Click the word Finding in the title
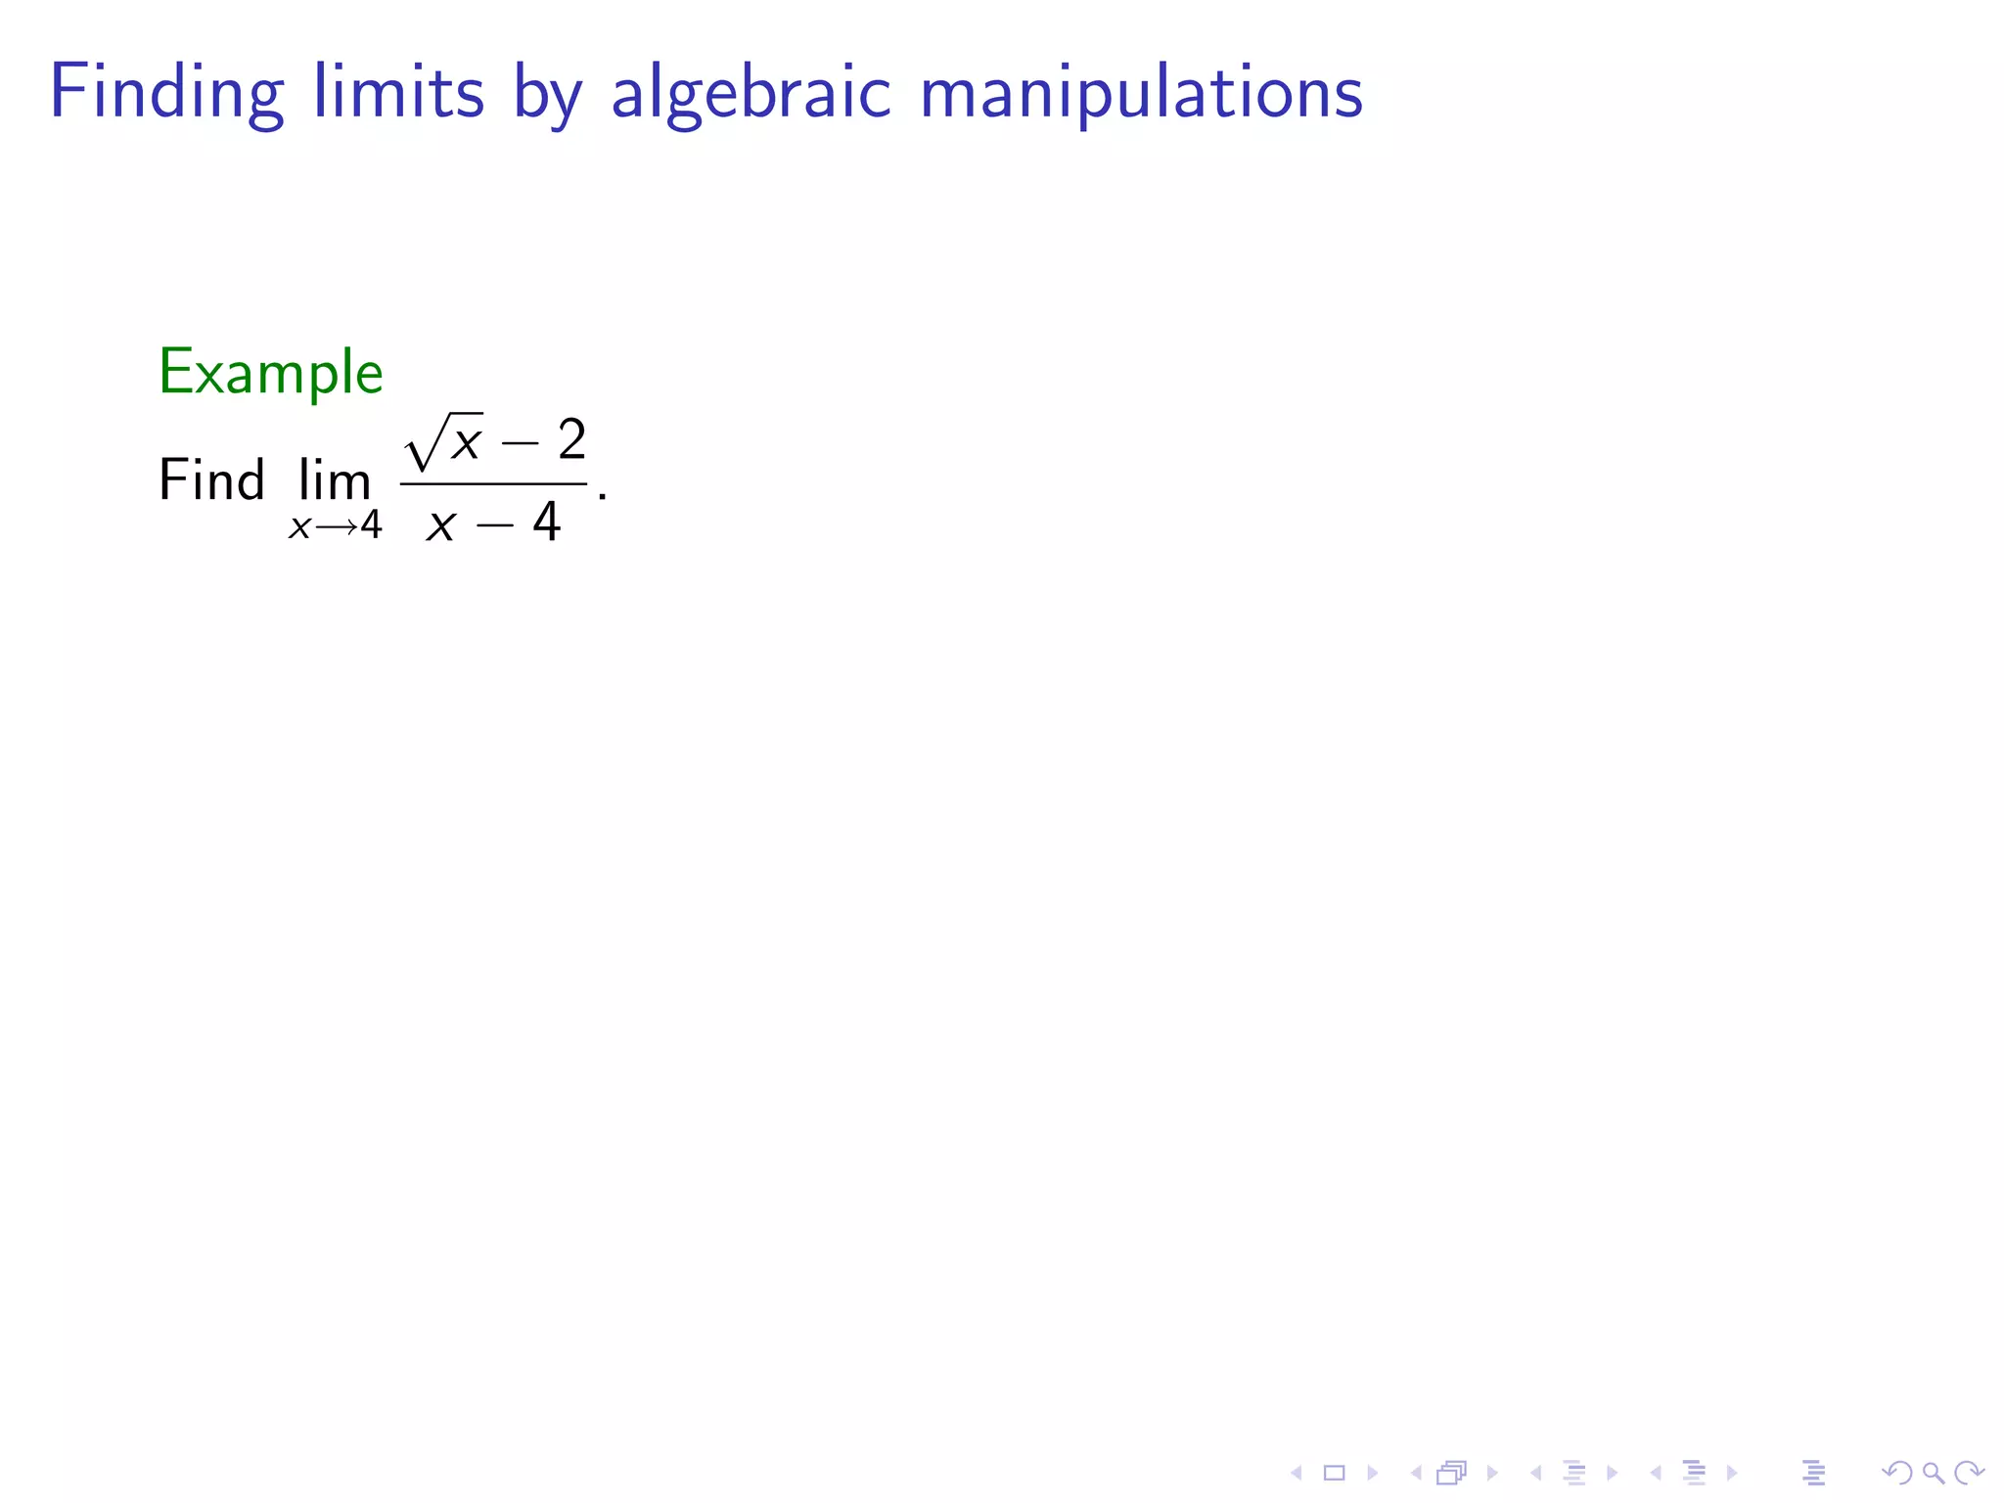coord(166,94)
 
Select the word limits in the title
coord(398,92)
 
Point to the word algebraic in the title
coord(751,94)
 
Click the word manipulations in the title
coord(1141,94)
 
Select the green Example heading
coord(270,373)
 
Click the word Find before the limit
coord(211,480)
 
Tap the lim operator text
coord(335,480)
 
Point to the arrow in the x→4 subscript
coord(335,526)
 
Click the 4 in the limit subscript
coord(371,525)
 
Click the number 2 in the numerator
coord(571,439)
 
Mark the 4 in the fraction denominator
coord(546,522)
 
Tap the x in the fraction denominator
coord(441,524)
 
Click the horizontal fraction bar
coord(493,483)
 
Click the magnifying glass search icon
coord(1933,1473)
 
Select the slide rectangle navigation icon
coord(1334,1473)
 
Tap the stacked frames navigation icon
coord(1452,1473)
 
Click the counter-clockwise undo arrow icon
coord(1896,1473)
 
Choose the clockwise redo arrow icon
coord(1969,1473)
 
